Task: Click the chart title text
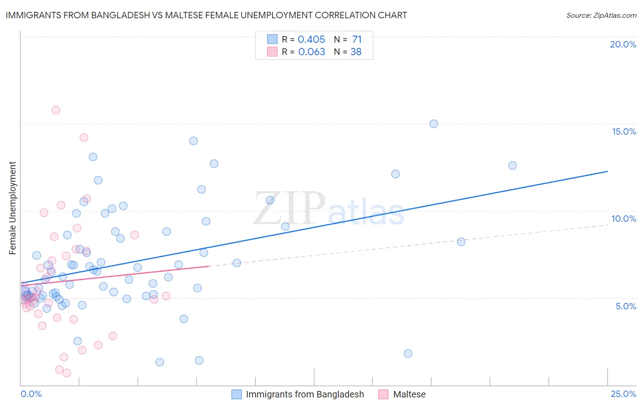click(206, 15)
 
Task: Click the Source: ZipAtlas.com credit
click(601, 15)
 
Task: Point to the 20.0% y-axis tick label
click(623, 44)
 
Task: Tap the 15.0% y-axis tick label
click(624, 131)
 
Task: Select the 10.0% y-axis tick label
click(624, 219)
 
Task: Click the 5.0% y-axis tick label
click(626, 306)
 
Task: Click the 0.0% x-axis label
click(31, 394)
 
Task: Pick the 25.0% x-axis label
click(623, 394)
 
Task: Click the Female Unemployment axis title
click(12, 208)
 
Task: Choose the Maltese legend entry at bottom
click(409, 394)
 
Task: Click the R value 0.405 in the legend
click(311, 40)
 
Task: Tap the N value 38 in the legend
click(356, 52)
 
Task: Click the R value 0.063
click(311, 52)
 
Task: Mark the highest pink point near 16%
click(56, 110)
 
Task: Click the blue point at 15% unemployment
click(434, 124)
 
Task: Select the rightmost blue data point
click(512, 165)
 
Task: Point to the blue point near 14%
click(194, 141)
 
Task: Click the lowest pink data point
click(67, 373)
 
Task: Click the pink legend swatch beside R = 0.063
click(272, 52)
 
